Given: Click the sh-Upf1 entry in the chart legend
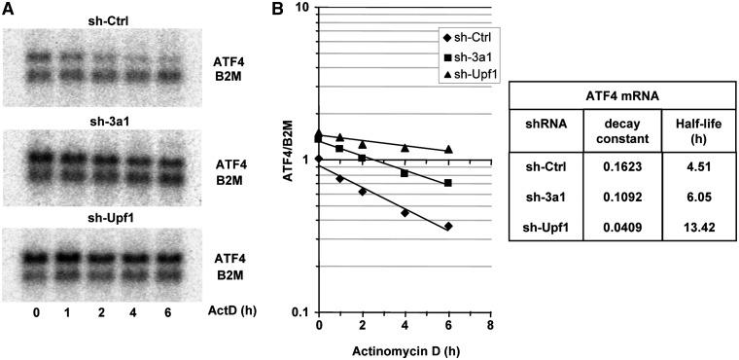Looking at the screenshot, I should (472, 75).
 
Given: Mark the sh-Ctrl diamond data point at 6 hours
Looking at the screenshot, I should (448, 227).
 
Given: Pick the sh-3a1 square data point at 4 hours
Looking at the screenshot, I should (405, 173).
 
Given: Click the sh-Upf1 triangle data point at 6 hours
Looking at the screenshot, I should (448, 149).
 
